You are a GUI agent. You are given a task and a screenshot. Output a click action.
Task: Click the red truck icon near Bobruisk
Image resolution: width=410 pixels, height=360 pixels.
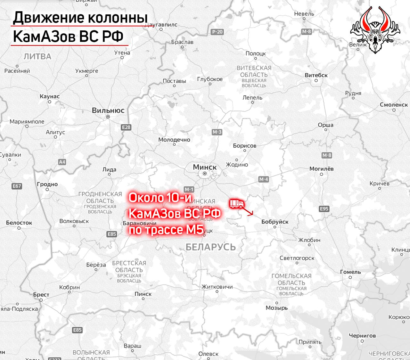point(237,203)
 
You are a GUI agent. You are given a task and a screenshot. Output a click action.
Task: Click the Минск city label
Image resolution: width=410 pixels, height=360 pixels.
point(205,167)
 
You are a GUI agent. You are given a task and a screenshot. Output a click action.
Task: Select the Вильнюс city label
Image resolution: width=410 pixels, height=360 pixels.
point(108,110)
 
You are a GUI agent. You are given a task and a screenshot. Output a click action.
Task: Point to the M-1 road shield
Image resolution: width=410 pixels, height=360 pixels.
point(189,189)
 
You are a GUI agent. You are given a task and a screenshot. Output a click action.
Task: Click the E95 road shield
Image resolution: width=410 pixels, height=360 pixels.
point(324,209)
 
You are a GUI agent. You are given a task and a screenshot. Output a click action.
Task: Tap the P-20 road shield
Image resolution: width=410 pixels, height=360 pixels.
point(217,32)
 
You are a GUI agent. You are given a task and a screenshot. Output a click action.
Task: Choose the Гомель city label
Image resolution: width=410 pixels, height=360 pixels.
point(350,272)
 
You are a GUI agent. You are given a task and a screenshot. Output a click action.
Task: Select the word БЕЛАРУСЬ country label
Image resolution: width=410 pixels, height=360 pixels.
point(210,247)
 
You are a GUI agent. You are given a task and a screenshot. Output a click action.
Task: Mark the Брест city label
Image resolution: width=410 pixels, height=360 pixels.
point(41,295)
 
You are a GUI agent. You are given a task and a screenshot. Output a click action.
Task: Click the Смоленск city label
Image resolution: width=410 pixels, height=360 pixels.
point(394,105)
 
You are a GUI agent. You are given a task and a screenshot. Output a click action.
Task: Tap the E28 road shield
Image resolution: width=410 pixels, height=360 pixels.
point(126,127)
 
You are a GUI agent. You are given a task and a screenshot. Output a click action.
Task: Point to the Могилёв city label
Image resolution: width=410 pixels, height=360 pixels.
point(321,168)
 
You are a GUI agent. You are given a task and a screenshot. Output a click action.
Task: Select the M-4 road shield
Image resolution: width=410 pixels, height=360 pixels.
point(263,179)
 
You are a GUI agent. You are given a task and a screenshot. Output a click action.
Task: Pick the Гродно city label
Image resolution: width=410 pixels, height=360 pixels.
point(47,184)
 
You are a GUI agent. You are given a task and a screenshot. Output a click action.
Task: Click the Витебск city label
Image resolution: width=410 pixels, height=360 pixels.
point(316,75)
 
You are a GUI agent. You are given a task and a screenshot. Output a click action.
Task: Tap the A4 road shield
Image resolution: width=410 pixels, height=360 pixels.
point(62,162)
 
